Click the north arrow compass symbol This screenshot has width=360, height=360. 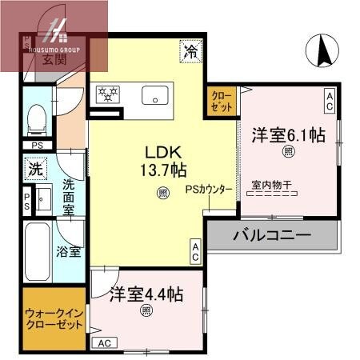pyautogui.click(x=325, y=52)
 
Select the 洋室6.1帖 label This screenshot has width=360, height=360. pyautogui.click(x=288, y=134)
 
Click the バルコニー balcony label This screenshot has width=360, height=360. pyautogui.click(x=272, y=236)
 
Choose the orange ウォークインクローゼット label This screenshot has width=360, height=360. pyautogui.click(x=54, y=319)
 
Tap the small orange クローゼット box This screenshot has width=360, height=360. pyautogui.click(x=222, y=102)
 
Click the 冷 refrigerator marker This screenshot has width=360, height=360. pyautogui.click(x=191, y=50)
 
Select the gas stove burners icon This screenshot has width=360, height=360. pyautogui.click(x=106, y=94)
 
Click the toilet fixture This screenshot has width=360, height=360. pyautogui.click(x=36, y=119)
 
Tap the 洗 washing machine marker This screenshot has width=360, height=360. pyautogui.click(x=35, y=170)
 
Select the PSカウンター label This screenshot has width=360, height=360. pyautogui.click(x=209, y=190)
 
